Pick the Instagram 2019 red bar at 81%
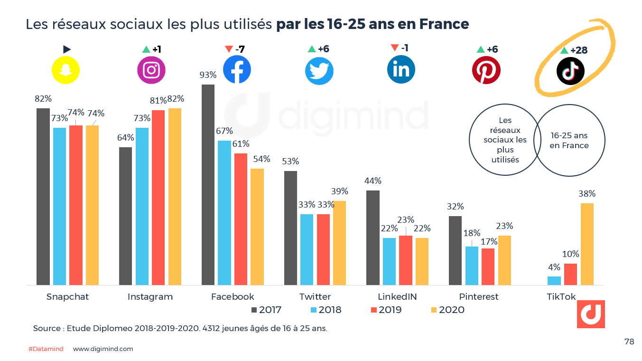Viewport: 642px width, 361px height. click(x=158, y=197)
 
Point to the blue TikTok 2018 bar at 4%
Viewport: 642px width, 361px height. click(x=554, y=280)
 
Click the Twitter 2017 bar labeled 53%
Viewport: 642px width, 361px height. click(x=290, y=228)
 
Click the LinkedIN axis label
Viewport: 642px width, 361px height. click(x=397, y=297)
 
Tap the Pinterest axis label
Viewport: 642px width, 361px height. click(x=479, y=297)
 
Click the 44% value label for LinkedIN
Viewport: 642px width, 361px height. click(x=373, y=181)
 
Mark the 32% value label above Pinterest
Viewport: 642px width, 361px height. click(x=456, y=207)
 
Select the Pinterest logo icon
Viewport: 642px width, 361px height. click(x=486, y=70)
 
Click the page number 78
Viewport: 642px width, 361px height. click(x=629, y=342)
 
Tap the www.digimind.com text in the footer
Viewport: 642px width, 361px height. click(x=103, y=349)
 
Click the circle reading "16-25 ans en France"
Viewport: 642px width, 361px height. click(x=569, y=141)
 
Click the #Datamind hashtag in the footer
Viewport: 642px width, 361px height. click(x=46, y=349)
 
